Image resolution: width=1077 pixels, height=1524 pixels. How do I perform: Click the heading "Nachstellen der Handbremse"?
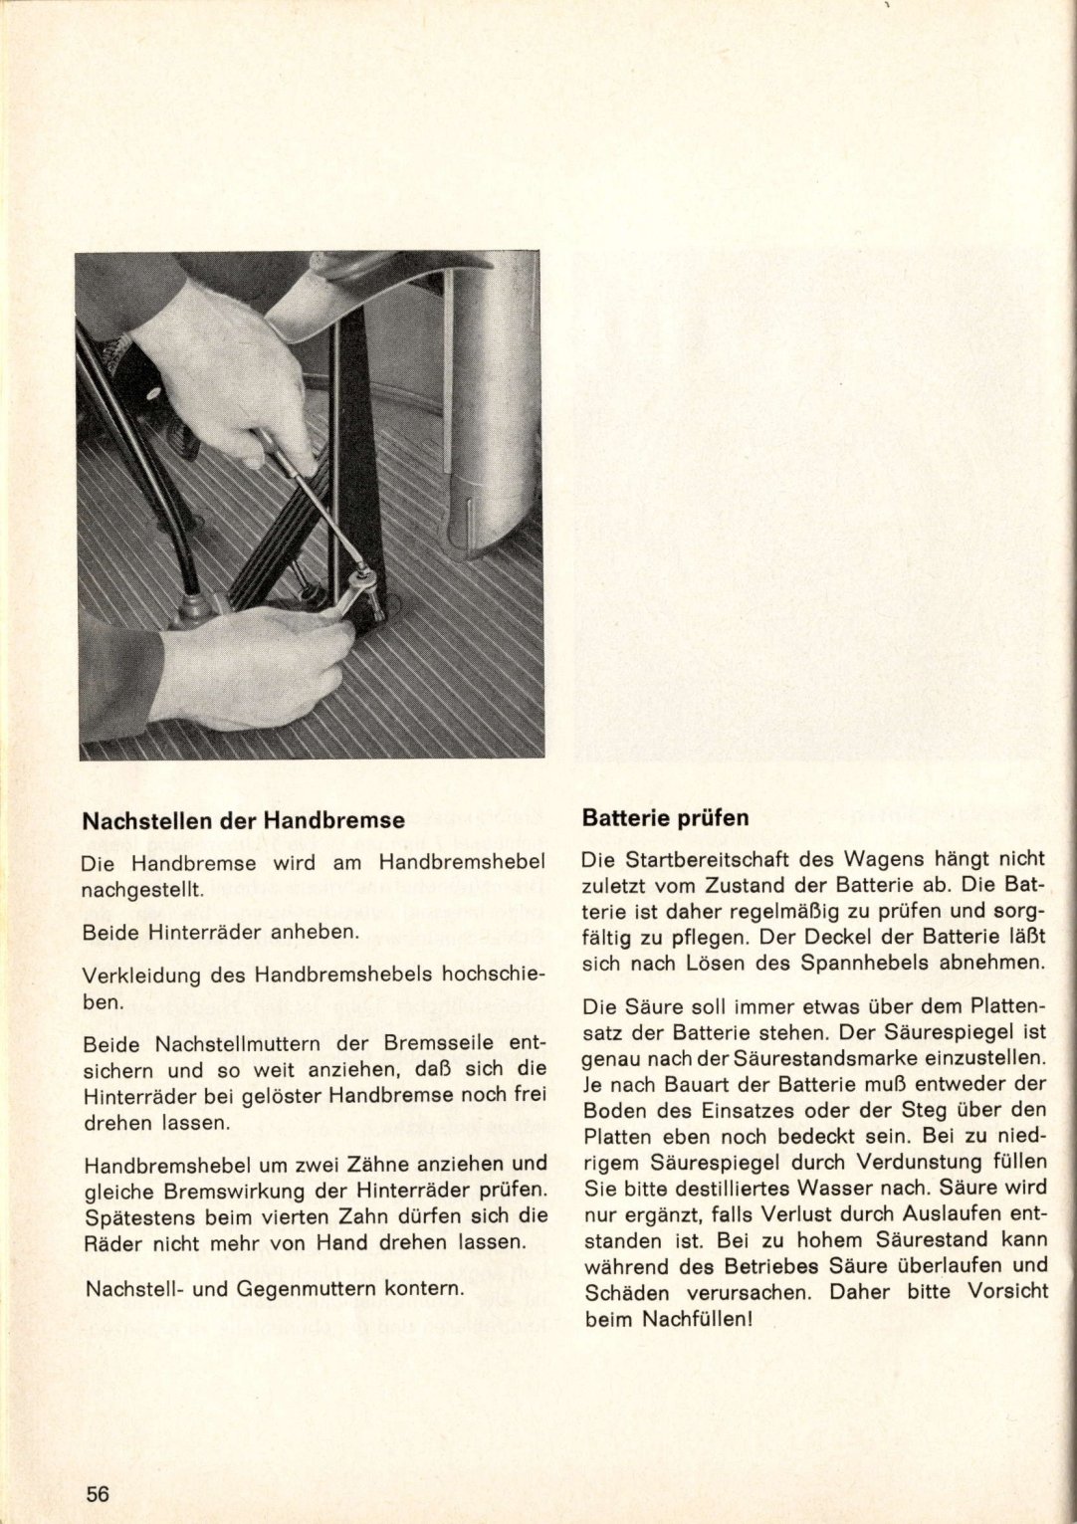click(243, 821)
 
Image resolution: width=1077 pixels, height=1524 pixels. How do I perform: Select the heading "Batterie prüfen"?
click(665, 818)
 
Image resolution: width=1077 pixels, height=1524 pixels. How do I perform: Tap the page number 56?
click(97, 1466)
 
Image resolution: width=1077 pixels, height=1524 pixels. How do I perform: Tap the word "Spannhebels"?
click(870, 963)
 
